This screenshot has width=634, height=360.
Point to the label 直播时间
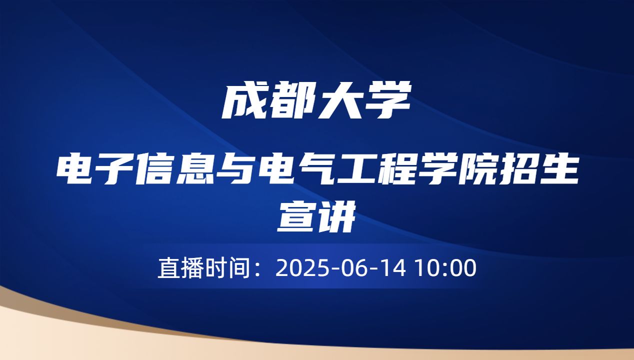click(x=203, y=268)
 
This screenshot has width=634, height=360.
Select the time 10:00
click(x=445, y=268)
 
